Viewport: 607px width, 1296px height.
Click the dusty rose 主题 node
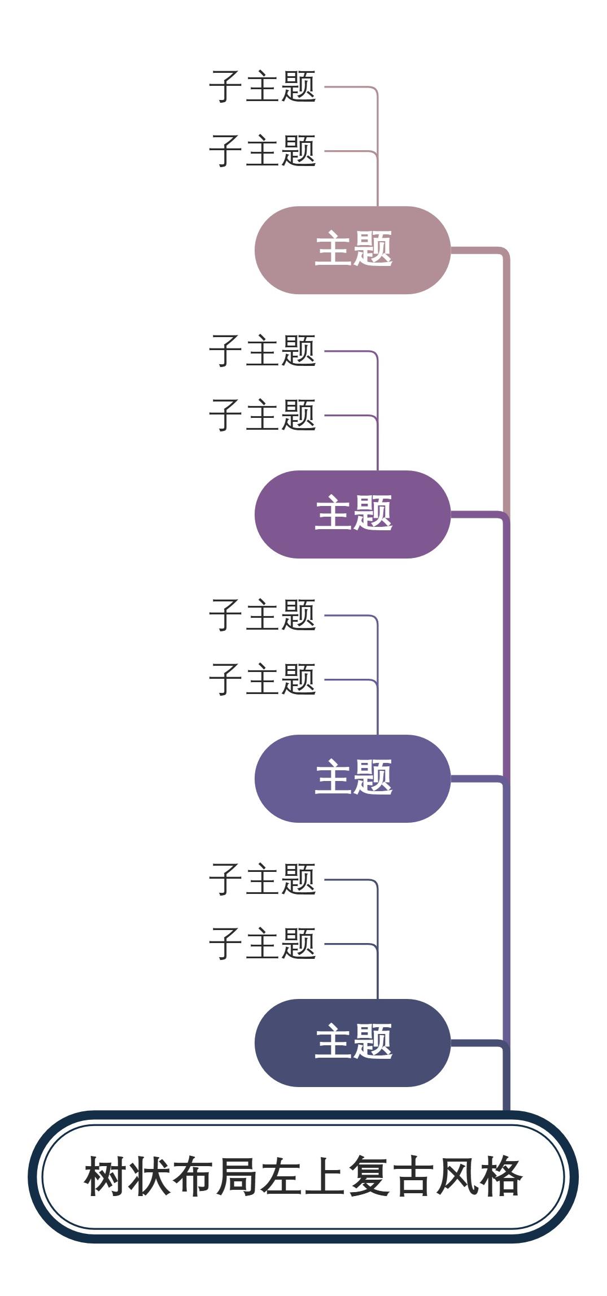click(352, 250)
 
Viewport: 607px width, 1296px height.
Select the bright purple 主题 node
click(352, 514)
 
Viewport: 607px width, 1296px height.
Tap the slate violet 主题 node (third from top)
click(352, 779)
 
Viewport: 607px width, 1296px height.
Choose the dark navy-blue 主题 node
click(352, 1043)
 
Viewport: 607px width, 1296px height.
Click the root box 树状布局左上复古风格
click(303, 1177)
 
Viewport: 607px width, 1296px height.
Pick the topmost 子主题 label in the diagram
click(263, 87)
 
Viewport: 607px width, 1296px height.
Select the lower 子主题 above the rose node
click(263, 151)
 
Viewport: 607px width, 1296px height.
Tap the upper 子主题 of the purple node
click(263, 351)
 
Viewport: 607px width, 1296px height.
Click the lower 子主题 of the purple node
click(263, 416)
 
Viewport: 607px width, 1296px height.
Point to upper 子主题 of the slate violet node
click(263, 616)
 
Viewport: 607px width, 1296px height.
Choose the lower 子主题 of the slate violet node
click(263, 680)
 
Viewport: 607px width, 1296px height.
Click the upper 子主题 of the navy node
click(263, 880)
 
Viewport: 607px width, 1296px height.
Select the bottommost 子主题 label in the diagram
click(263, 944)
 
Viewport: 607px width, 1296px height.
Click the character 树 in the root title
click(106, 1177)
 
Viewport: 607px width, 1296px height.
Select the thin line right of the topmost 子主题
click(347, 87)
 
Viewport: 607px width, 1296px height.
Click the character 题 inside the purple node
click(373, 514)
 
